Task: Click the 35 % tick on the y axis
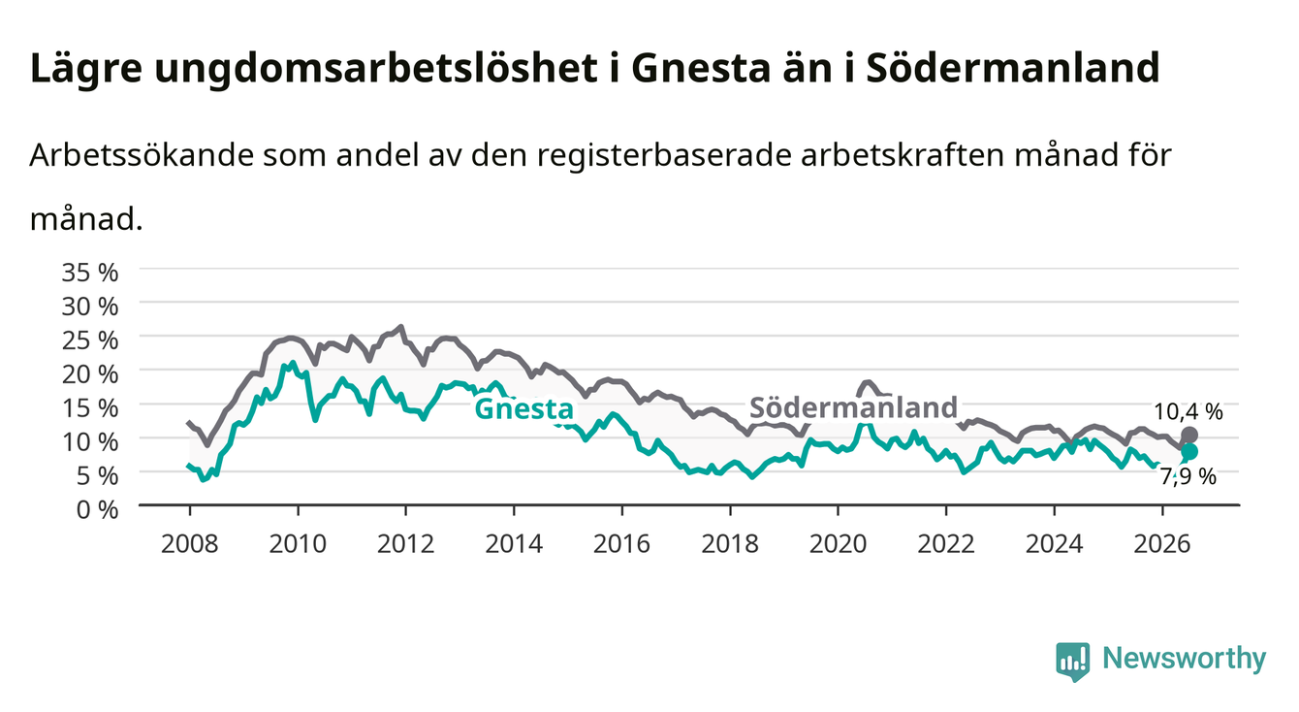pyautogui.click(x=90, y=273)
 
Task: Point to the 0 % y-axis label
pyautogui.click(x=97, y=510)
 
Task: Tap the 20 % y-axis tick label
pyautogui.click(x=90, y=374)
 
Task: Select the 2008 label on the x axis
pyautogui.click(x=190, y=544)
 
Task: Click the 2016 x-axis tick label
pyautogui.click(x=621, y=544)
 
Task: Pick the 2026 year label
pyautogui.click(x=1162, y=544)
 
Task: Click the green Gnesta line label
pyautogui.click(x=524, y=409)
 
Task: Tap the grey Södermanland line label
pyautogui.click(x=854, y=407)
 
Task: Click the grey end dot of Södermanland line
pyautogui.click(x=1189, y=435)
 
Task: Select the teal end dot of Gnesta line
pyautogui.click(x=1189, y=451)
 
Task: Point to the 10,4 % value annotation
pyautogui.click(x=1188, y=412)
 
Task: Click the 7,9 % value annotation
pyautogui.click(x=1188, y=476)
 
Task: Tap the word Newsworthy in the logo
pyautogui.click(x=1185, y=658)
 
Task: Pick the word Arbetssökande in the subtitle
pyautogui.click(x=142, y=155)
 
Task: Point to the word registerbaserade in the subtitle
pyautogui.click(x=664, y=156)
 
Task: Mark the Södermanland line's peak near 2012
pyautogui.click(x=400, y=327)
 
